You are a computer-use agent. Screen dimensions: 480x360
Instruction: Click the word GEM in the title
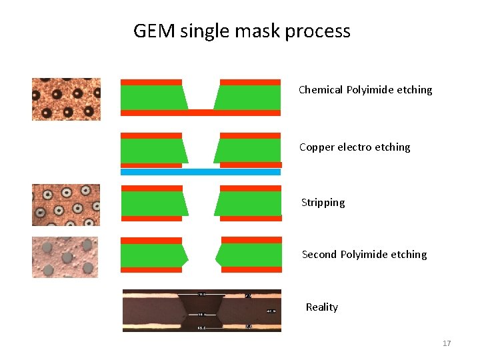click(x=154, y=31)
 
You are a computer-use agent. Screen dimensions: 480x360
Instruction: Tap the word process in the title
click(x=317, y=31)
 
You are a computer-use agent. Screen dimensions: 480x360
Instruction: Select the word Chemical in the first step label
click(x=321, y=89)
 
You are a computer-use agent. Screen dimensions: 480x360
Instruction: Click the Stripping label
click(x=323, y=203)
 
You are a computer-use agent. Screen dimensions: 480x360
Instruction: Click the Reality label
click(x=321, y=307)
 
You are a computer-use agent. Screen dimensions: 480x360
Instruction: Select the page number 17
click(x=447, y=343)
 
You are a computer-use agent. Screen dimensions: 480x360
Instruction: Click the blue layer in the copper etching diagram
click(x=200, y=172)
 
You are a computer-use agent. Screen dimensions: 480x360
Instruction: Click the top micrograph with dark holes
click(x=66, y=99)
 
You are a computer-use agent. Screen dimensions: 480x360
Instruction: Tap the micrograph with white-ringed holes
click(x=66, y=205)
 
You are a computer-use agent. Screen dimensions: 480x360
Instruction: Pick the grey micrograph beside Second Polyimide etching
click(x=65, y=257)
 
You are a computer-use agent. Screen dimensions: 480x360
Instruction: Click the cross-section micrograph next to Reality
click(x=201, y=311)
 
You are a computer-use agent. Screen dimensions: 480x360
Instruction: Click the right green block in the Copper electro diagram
click(x=249, y=151)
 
